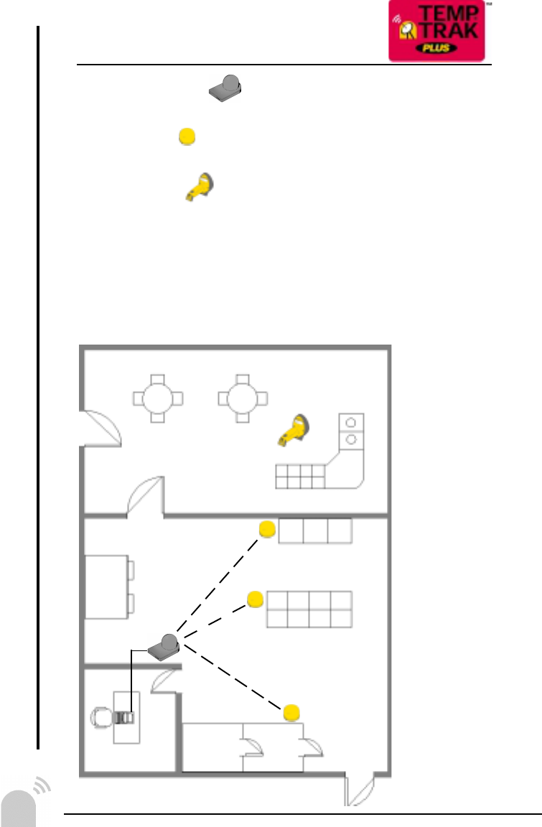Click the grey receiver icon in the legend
[225, 86]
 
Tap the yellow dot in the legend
[187, 136]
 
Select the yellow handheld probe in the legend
[199, 188]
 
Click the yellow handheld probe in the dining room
[295, 430]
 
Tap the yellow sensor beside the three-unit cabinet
[267, 530]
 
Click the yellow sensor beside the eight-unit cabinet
[255, 599]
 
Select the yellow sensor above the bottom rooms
[291, 712]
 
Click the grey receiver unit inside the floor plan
[165, 646]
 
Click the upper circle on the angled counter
[351, 422]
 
